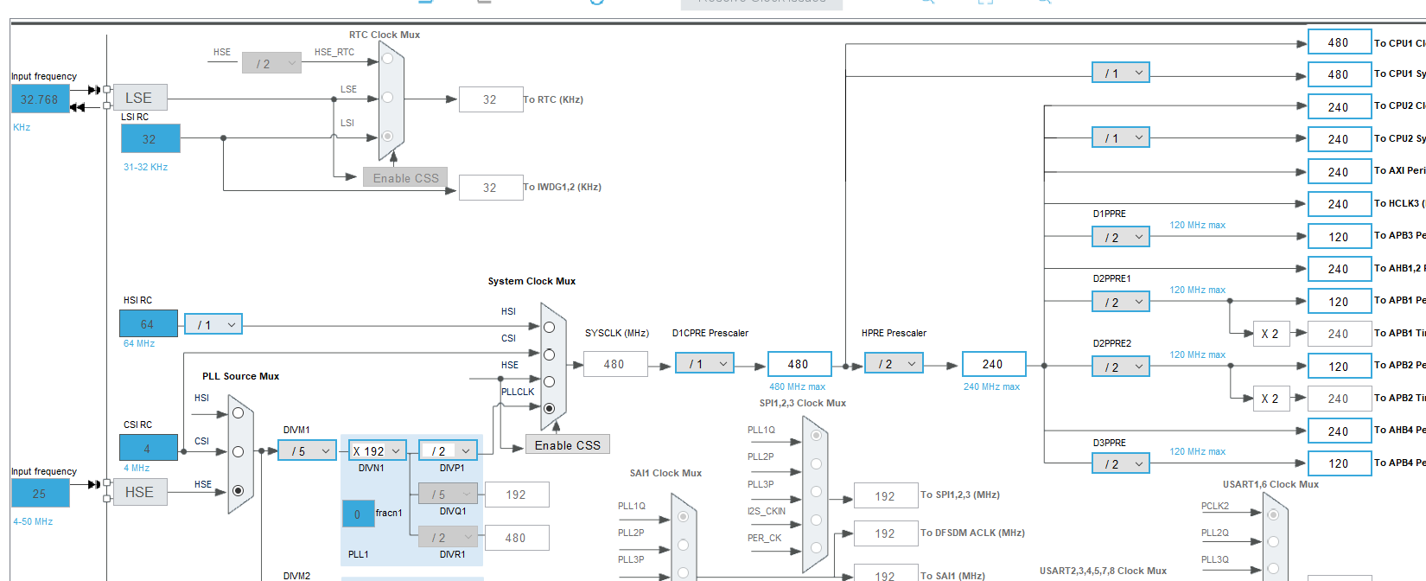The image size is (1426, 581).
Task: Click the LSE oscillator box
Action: pos(139,98)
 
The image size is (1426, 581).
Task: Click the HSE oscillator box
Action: pos(139,492)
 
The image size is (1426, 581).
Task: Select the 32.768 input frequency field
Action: pos(40,99)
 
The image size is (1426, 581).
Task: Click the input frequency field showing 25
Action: pos(40,494)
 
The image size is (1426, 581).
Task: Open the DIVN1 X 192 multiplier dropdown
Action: pos(377,450)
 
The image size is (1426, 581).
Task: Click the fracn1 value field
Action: pos(358,514)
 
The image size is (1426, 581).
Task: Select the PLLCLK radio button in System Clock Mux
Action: pos(549,408)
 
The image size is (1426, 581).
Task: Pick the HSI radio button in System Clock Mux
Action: pos(549,327)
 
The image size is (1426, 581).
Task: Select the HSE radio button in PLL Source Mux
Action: pos(238,490)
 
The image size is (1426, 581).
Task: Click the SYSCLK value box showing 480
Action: pos(614,364)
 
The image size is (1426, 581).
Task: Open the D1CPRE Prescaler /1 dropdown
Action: pos(705,364)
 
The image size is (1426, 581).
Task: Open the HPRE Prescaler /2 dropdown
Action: pos(894,364)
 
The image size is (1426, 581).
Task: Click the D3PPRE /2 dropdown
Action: pos(1120,463)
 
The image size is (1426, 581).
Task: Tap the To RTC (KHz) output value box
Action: pos(490,99)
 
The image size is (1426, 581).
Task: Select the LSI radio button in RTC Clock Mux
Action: pos(387,136)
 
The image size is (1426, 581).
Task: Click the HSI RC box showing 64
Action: pos(148,324)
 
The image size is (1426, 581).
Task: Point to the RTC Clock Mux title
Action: pos(385,35)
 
